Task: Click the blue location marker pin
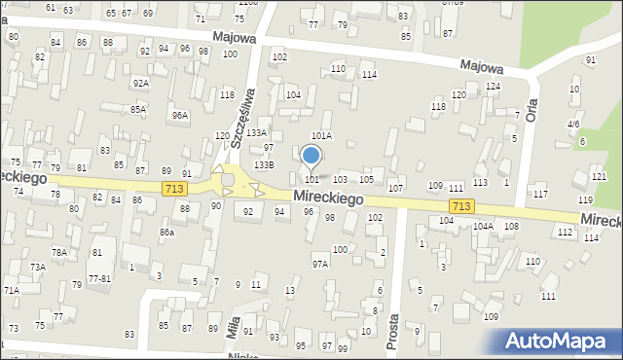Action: click(x=311, y=156)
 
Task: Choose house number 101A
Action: click(x=321, y=136)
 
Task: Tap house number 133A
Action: click(x=256, y=132)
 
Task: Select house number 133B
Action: click(x=264, y=165)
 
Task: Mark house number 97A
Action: click(x=320, y=264)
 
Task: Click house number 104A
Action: click(x=483, y=226)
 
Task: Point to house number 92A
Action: click(x=141, y=84)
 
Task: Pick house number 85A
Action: click(x=138, y=110)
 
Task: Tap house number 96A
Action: click(x=180, y=116)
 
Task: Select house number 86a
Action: click(x=167, y=233)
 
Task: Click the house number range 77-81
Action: click(x=99, y=278)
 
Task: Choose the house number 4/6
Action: click(x=574, y=125)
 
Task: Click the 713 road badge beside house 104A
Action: click(x=461, y=207)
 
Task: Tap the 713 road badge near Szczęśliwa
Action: click(x=174, y=188)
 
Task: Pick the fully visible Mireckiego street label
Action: click(x=328, y=198)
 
